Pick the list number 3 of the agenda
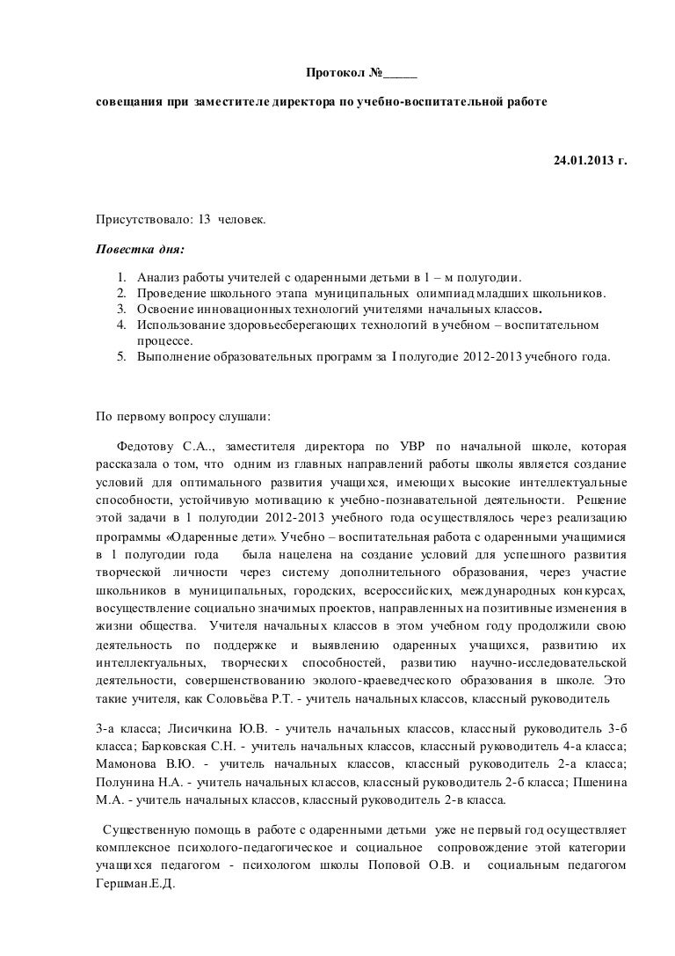(x=122, y=309)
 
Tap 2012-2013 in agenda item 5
(x=490, y=359)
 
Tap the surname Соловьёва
(x=243, y=700)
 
